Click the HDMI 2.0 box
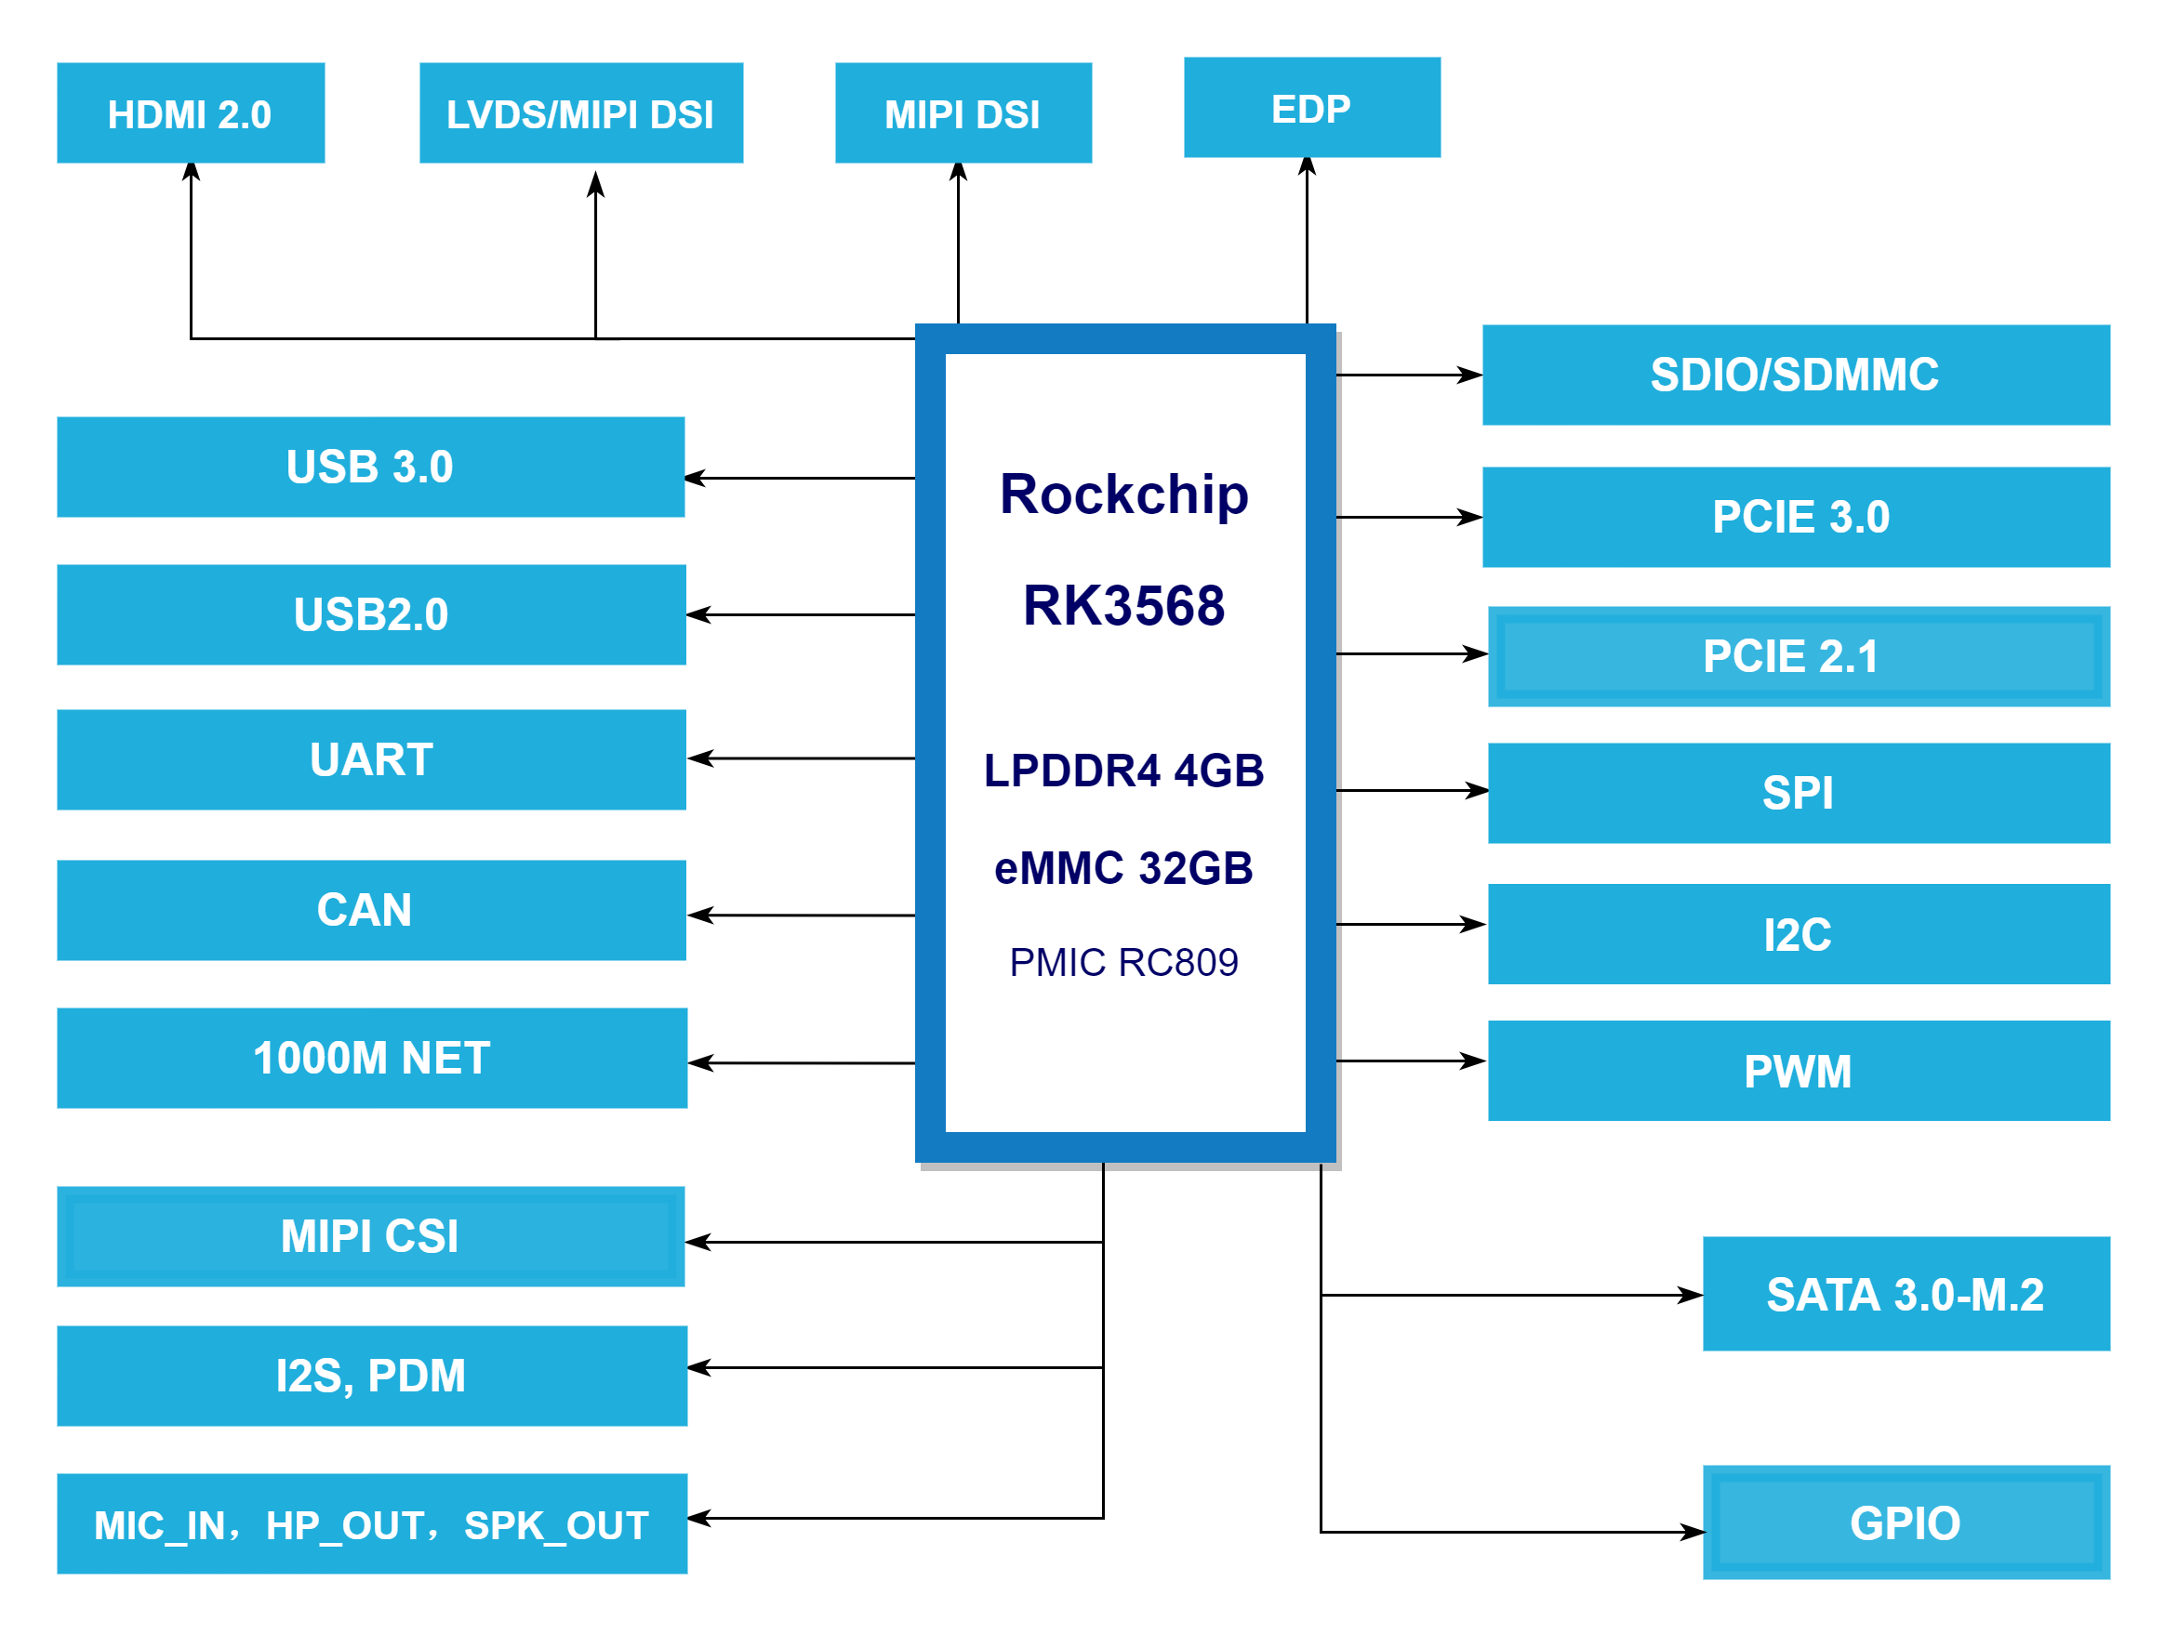pos(191,113)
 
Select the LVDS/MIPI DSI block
pos(580,113)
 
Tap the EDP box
pos(1311,108)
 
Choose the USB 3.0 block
pos(370,467)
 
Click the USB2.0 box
pos(371,614)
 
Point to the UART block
pos(371,759)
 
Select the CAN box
pos(371,910)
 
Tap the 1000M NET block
pos(372,1058)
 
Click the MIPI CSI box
pos(370,1236)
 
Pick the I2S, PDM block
pos(372,1376)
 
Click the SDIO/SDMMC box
pos(1795,375)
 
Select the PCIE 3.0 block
pos(1795,517)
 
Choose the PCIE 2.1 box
pos(1798,655)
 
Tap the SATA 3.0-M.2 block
pos(1906,1294)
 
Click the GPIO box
pos(1906,1522)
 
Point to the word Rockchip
pos(1123,494)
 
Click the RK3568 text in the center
pos(1123,605)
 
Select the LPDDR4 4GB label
pos(1123,770)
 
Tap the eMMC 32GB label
pos(1123,868)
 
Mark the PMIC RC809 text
pos(1123,962)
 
